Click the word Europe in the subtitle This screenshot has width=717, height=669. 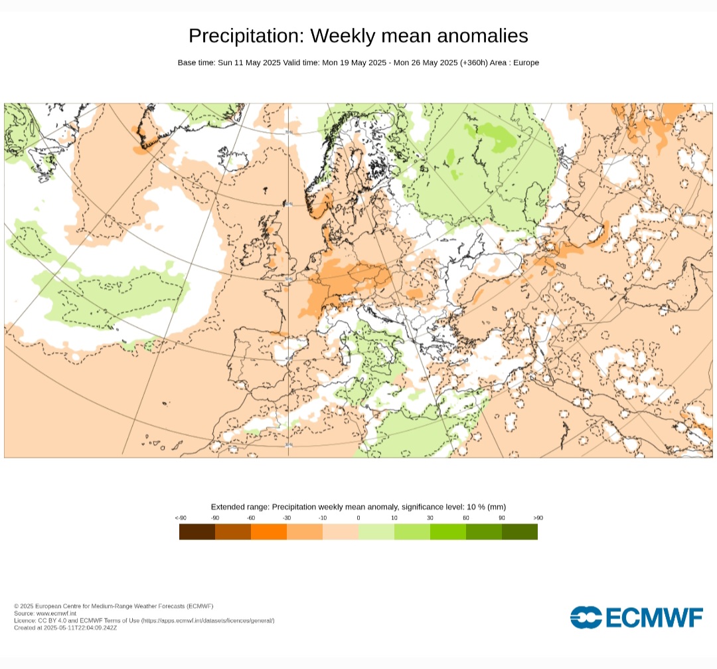coord(526,62)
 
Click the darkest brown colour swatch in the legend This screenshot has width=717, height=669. coord(197,531)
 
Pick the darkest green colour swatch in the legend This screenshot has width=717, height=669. coord(520,531)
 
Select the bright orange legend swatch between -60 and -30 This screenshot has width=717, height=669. coord(269,531)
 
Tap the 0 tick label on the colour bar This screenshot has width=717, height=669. coord(358,518)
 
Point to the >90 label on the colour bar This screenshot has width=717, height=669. coord(537,518)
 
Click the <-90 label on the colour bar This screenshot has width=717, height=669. coord(180,518)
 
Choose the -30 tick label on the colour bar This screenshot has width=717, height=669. coord(287,518)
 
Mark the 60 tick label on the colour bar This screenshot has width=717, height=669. coord(466,518)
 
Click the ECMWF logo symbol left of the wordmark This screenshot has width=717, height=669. coord(586,617)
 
